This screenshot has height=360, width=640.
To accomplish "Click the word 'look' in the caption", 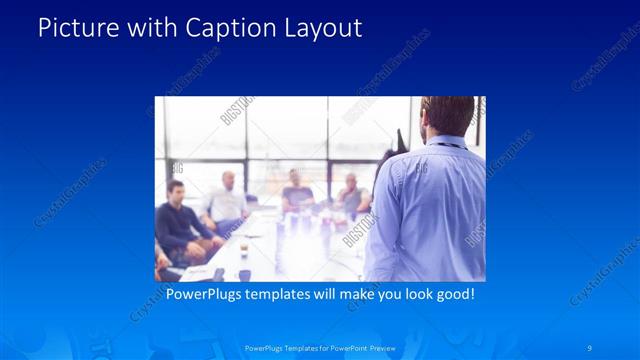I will click(x=407, y=295).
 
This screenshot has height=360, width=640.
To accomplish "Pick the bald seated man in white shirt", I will click(x=226, y=200).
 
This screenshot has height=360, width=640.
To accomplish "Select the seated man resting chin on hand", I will click(x=351, y=197).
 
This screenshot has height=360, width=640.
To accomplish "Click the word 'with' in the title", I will click(x=149, y=28).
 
